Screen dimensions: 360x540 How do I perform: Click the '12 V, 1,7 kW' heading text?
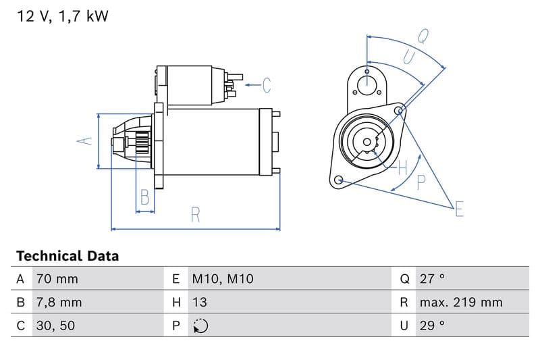pos(62,17)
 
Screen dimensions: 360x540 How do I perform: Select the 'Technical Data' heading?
pos(67,256)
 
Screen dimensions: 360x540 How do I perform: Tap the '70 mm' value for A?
pos(57,279)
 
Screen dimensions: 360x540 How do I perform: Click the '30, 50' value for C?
pos(55,326)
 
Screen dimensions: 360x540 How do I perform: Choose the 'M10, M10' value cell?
pos(222,279)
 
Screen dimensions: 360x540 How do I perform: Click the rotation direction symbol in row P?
pos(200,326)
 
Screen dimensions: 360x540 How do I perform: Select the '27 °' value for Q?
pos(432,279)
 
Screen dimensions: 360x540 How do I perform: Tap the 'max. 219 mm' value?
pos(461,302)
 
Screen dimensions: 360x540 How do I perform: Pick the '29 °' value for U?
pos(432,326)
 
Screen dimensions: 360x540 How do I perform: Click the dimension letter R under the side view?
pos(196,215)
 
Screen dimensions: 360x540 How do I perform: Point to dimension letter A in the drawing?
pos(84,140)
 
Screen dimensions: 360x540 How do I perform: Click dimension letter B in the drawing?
pos(144,197)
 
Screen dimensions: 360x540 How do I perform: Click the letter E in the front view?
pos(459,209)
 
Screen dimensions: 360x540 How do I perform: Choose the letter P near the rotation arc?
pos(421,181)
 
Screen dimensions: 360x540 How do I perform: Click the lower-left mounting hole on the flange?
pos(339,180)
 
